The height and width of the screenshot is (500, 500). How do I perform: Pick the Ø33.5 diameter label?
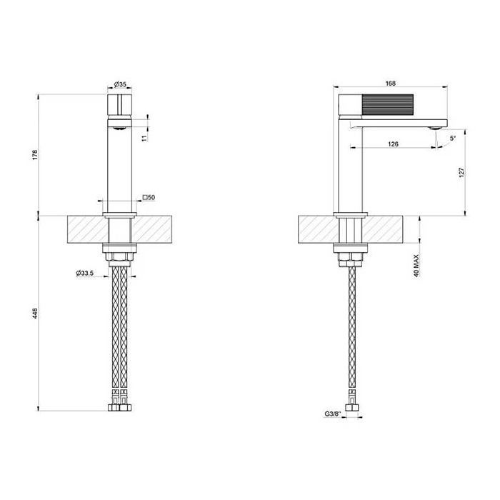(x=87, y=272)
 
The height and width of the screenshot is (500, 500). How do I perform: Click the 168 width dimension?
(x=390, y=84)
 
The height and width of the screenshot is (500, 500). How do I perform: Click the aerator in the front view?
(x=119, y=127)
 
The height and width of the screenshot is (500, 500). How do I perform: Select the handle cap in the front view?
(x=119, y=105)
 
